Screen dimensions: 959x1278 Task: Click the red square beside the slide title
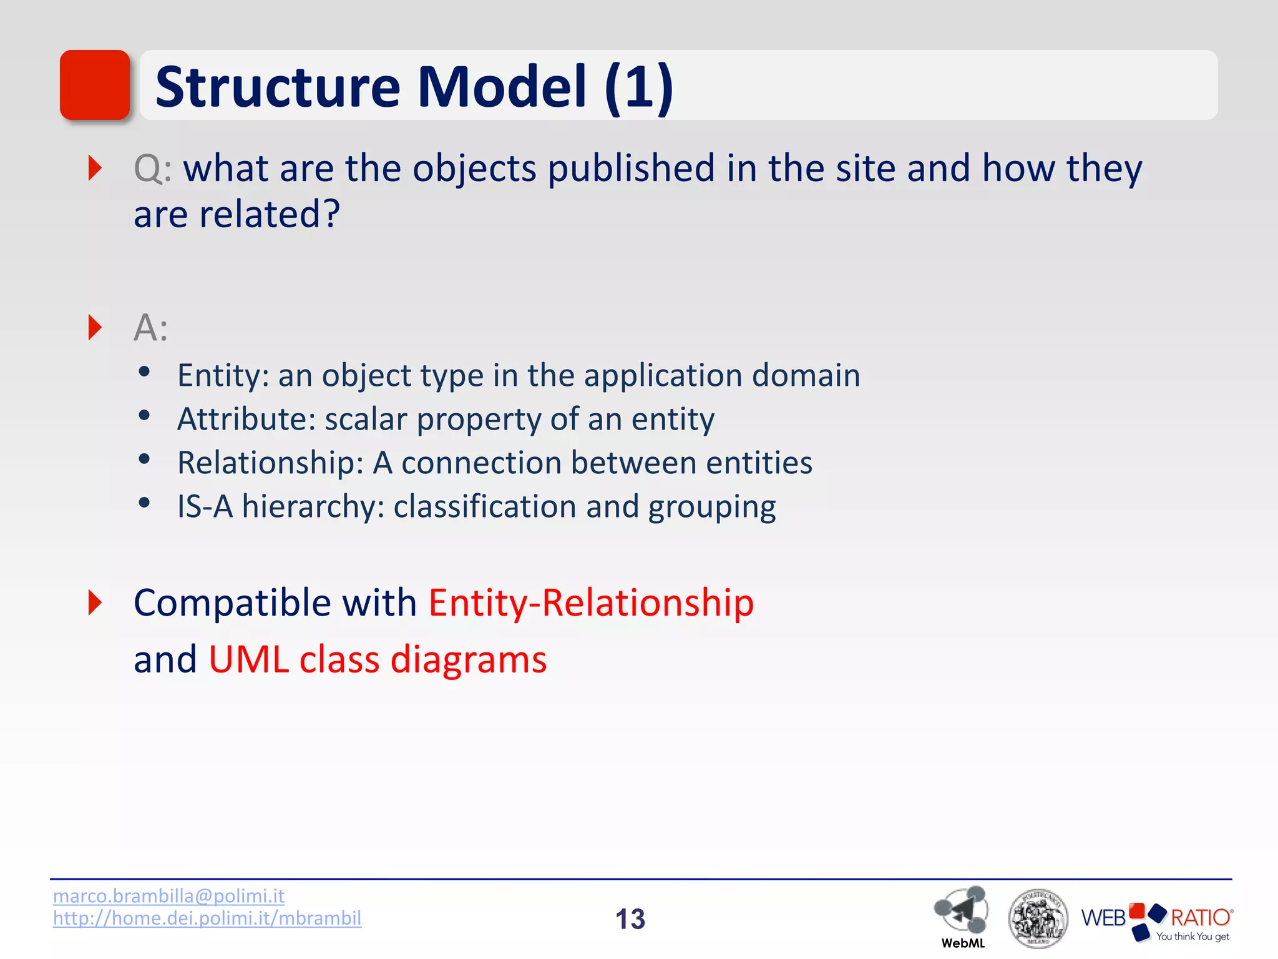[x=95, y=85]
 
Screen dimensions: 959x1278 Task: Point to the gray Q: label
[x=152, y=169]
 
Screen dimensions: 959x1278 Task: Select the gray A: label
[x=150, y=328]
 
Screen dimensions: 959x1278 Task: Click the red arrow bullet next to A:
[x=95, y=328]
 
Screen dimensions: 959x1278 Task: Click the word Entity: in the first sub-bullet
[x=223, y=376]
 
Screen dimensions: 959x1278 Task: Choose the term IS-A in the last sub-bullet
[x=205, y=506]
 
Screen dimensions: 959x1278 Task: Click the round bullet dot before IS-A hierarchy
[x=144, y=503]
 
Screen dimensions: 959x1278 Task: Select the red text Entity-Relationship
[x=591, y=603]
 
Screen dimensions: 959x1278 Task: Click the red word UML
[x=248, y=659]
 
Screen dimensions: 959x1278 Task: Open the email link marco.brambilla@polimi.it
[x=168, y=896]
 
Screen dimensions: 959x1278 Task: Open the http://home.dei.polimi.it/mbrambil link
[x=207, y=918]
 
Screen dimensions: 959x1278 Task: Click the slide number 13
[x=630, y=919]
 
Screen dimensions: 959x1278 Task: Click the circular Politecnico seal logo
[x=1038, y=918]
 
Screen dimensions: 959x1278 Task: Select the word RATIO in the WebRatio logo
[x=1200, y=918]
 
